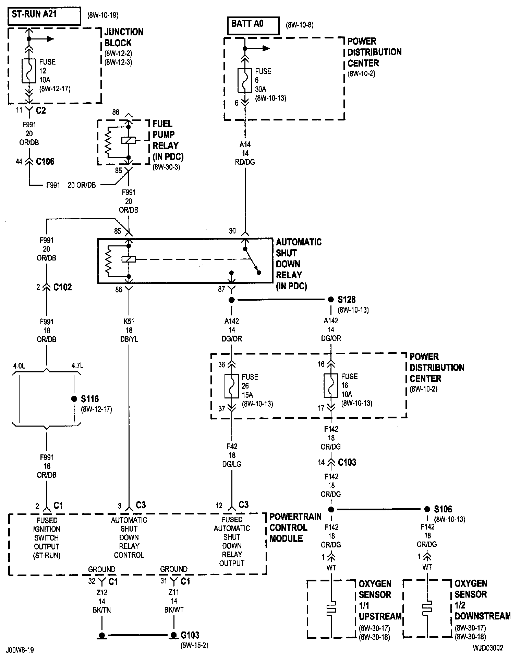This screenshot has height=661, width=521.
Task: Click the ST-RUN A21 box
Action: (45, 15)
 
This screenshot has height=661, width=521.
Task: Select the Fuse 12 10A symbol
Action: (29, 71)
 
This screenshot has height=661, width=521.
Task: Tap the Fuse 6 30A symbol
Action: (245, 80)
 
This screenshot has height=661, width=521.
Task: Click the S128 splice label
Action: (347, 300)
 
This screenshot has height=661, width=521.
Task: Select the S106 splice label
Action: (443, 509)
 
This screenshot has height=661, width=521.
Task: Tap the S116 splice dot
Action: (74, 399)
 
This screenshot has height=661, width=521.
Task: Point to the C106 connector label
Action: (45, 162)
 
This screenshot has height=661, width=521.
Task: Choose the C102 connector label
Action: (63, 287)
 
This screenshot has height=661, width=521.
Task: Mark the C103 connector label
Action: (347, 462)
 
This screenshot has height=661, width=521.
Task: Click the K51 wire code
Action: (129, 322)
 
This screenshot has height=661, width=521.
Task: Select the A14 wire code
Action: (245, 145)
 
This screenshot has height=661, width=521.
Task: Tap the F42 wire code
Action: (232, 447)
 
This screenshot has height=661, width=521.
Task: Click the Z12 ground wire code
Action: (102, 592)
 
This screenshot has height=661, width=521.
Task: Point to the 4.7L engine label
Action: (77, 366)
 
